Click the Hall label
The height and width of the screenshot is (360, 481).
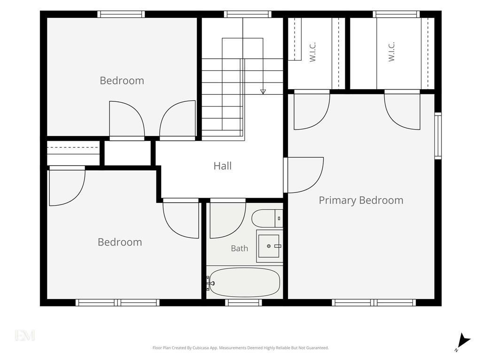222,166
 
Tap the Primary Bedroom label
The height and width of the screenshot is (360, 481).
361,200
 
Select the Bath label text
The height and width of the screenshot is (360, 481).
240,248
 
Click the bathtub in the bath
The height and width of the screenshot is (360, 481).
244,283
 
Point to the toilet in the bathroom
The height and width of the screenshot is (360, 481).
267,218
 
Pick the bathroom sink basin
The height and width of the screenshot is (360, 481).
269,246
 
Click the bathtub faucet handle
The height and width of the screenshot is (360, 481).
210,283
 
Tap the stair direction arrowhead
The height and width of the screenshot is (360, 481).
263,92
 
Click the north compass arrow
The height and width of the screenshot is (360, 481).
463,341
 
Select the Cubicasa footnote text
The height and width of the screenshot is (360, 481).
240,348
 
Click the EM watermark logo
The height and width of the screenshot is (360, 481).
25,335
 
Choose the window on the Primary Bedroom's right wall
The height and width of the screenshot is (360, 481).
438,136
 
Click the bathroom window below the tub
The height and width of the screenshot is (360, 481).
244,303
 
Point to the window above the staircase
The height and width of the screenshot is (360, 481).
248,14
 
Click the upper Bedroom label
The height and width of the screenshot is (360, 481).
122,81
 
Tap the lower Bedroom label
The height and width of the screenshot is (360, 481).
120,242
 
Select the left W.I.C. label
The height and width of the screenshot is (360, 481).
312,52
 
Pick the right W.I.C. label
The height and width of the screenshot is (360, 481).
391,52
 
